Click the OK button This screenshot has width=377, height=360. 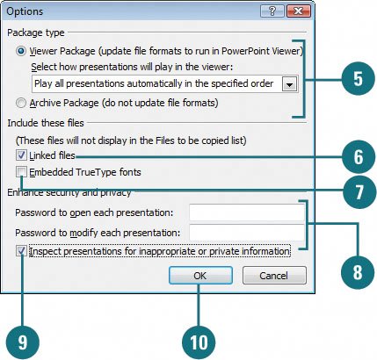click(200, 275)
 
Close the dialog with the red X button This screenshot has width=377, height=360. click(299, 11)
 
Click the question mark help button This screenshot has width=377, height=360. click(272, 11)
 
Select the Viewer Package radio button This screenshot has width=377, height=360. click(21, 51)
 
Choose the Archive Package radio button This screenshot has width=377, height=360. click(21, 103)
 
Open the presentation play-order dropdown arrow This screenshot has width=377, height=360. click(290, 84)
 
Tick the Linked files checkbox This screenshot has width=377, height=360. click(21, 155)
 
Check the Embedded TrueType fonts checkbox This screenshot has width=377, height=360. click(21, 172)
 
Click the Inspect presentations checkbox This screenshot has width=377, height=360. click(21, 251)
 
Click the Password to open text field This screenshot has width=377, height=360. click(247, 212)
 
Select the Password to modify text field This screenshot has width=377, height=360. click(247, 233)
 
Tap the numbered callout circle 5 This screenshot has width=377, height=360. click(358, 78)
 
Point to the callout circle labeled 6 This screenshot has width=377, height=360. click(359, 157)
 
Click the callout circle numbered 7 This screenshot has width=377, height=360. click(359, 191)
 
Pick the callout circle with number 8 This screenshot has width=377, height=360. click(358, 272)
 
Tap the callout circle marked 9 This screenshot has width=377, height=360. click(23, 342)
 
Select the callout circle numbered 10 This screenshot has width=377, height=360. click(199, 342)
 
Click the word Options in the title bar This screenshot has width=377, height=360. click(25, 11)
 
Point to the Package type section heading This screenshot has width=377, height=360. click(36, 32)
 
